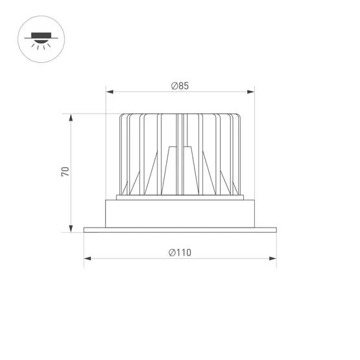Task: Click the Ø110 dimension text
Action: [x=180, y=253]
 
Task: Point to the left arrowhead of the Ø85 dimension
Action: [x=108, y=92]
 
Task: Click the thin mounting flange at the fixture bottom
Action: [x=180, y=229]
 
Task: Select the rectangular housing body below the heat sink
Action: [x=180, y=213]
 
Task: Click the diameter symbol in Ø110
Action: [x=171, y=253]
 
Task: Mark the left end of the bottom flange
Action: [x=85, y=229]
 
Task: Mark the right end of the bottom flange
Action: [x=276, y=229]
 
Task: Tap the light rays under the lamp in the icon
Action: [x=42, y=47]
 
